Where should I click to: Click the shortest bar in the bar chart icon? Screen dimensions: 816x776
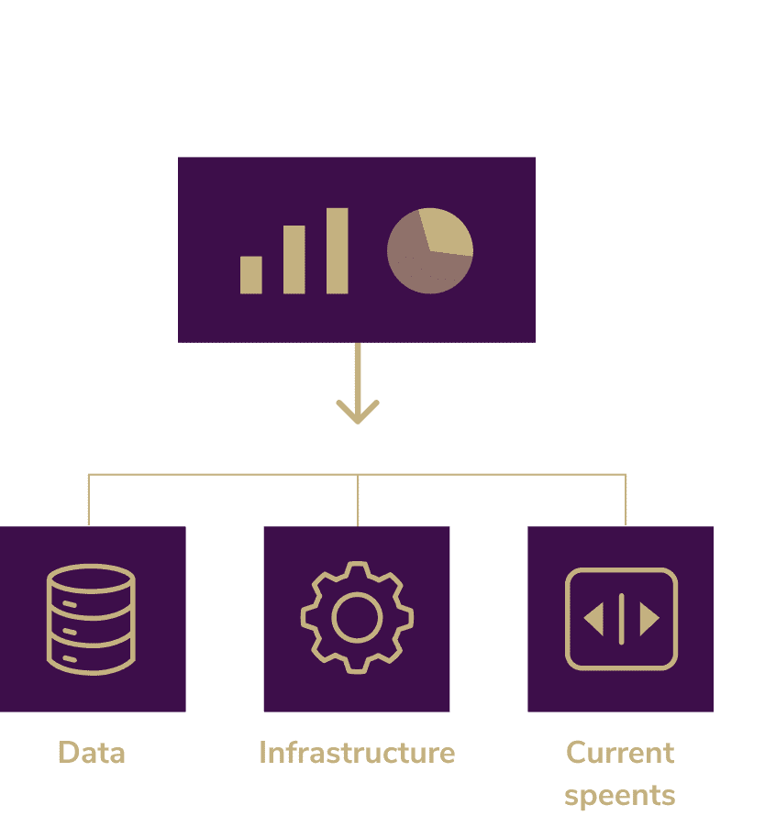pyautogui.click(x=251, y=275)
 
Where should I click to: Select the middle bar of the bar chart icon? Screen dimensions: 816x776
pyautogui.click(x=294, y=259)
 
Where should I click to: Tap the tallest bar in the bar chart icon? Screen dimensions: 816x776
pyautogui.click(x=338, y=251)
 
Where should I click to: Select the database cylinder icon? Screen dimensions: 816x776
pyautogui.click(x=91, y=620)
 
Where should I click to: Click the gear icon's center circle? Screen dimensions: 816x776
pyautogui.click(x=357, y=618)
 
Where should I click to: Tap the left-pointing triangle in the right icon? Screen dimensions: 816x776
pyautogui.click(x=594, y=620)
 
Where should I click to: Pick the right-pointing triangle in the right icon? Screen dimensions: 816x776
pyautogui.click(x=649, y=620)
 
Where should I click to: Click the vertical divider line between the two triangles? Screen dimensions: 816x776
pyautogui.click(x=622, y=620)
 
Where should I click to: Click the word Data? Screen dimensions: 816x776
pyautogui.click(x=92, y=753)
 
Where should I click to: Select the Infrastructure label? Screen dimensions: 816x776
pyautogui.click(x=357, y=753)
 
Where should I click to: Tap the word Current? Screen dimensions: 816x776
pyautogui.click(x=620, y=753)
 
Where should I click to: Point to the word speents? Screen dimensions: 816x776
pyautogui.click(x=620, y=795)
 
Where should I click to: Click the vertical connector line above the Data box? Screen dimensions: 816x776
pyautogui.click(x=89, y=500)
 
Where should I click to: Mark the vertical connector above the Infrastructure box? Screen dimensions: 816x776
pyautogui.click(x=358, y=500)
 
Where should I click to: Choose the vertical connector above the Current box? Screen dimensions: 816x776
pyautogui.click(x=626, y=500)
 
